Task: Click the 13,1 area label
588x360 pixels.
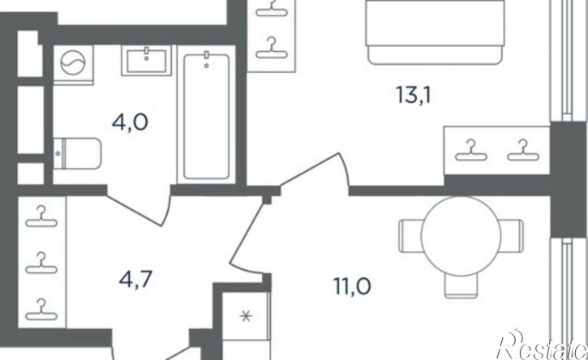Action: (414, 95)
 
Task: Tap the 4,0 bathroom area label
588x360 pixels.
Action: (130, 122)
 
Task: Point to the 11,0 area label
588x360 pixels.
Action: (352, 287)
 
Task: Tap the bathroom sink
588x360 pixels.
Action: (146, 60)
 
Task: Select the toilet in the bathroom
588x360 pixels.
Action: (77, 153)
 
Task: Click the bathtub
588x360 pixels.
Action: (206, 116)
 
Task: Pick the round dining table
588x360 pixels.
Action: (461, 235)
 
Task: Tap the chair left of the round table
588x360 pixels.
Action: (411, 235)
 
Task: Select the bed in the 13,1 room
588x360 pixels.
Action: (436, 32)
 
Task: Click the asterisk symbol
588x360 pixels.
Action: (247, 318)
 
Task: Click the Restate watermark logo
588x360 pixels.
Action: (543, 345)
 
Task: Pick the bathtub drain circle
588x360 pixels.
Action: (207, 66)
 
